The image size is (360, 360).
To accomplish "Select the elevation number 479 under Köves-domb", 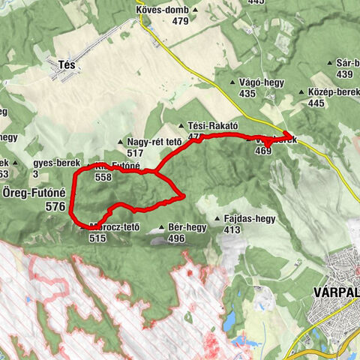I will (x=180, y=21).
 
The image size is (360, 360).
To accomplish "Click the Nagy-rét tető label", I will (x=154, y=142).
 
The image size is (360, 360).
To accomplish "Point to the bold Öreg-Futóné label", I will (x=34, y=192).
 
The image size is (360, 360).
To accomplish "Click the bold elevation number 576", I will (x=55, y=205).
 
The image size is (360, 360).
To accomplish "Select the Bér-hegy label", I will (x=187, y=227).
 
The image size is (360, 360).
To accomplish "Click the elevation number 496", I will (x=176, y=238).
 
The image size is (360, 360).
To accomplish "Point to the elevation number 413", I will (x=232, y=229).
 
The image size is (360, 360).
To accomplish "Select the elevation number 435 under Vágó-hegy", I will (x=247, y=94).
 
